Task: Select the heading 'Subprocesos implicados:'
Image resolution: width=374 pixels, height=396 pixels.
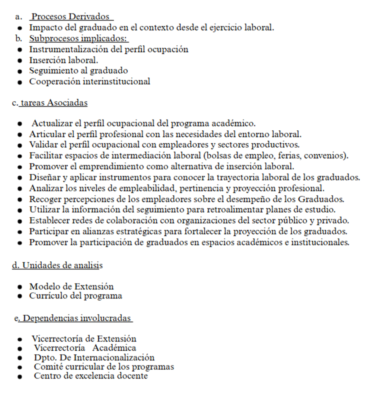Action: coord(79,39)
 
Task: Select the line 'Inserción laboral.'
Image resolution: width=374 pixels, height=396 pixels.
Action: coord(63,60)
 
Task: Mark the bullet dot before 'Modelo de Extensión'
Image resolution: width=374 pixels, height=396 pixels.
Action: coord(19,287)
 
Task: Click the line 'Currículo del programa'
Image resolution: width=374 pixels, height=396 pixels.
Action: coord(75,296)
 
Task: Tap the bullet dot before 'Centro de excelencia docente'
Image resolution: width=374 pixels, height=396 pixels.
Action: coord(19,376)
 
